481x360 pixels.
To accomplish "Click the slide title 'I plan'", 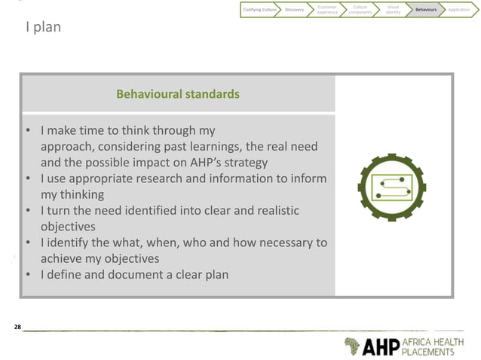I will tap(43, 28).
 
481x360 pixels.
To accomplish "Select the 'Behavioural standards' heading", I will tap(178, 94).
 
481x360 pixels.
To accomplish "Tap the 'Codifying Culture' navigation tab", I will tap(259, 10).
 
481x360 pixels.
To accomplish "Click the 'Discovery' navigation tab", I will tap(295, 10).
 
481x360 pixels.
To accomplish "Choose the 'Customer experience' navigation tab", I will tap(327, 10).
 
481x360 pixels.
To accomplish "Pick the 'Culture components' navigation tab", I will tap(360, 10).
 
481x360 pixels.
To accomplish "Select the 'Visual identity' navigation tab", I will tap(393, 10).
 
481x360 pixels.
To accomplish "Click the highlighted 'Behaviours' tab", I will tap(425, 10).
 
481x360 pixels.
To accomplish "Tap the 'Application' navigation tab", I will tap(458, 10).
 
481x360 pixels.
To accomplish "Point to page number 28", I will tap(18, 327).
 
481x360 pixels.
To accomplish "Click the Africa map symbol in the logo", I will tap(352, 346).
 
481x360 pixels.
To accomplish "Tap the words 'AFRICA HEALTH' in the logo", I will tap(438, 341).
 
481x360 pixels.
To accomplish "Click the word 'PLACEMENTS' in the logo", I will tap(433, 352).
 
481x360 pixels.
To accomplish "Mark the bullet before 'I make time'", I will tap(28, 131).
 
